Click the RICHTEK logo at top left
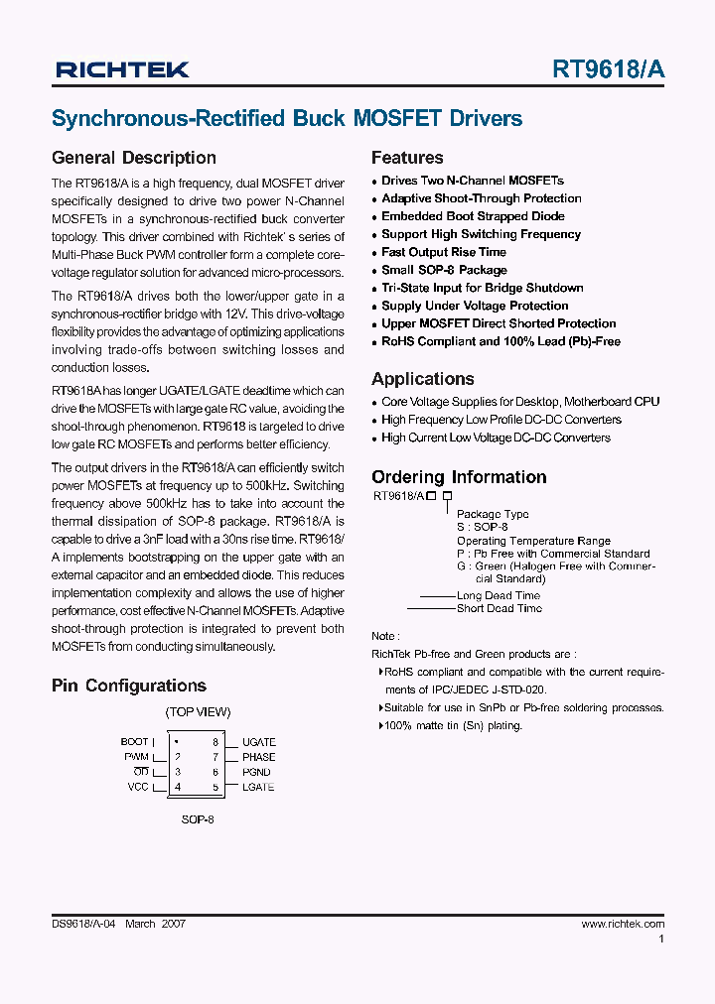122,69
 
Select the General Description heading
133,158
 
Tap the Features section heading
407,158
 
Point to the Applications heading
422,379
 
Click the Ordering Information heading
459,477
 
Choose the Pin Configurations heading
128,686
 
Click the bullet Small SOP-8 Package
444,270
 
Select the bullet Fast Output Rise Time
444,252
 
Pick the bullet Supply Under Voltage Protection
475,306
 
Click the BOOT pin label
134,742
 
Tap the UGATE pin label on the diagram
258,742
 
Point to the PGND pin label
256,772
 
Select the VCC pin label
137,787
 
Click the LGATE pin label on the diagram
257,787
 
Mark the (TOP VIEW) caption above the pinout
198,712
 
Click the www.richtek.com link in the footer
623,924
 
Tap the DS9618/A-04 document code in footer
83,924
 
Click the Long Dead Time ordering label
499,596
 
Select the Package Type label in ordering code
493,514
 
